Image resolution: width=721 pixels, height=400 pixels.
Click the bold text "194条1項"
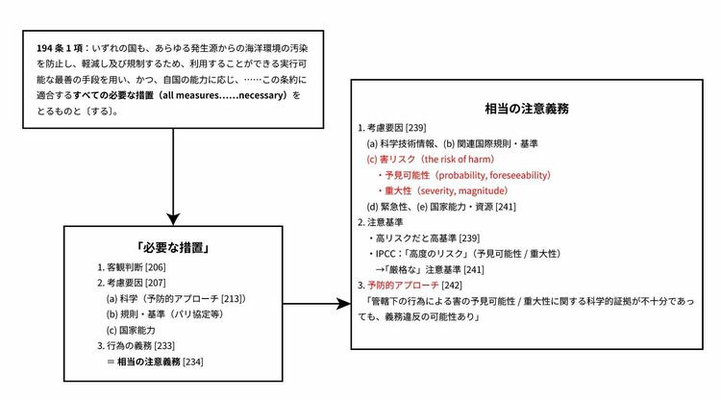click(x=60, y=48)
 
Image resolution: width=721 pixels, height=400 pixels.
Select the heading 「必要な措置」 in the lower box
click(x=173, y=248)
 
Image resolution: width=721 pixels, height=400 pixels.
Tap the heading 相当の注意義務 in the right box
click(x=527, y=109)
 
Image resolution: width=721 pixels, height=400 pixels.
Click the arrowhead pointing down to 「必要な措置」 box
click(x=173, y=219)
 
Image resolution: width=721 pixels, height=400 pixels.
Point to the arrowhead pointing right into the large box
click(x=343, y=304)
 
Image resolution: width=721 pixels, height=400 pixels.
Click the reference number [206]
click(x=155, y=267)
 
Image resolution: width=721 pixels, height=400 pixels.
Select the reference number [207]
click(x=155, y=283)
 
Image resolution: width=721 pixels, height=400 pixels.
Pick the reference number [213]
click(x=232, y=299)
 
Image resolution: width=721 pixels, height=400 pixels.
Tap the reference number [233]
click(x=164, y=346)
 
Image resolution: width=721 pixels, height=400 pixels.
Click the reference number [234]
click(x=192, y=362)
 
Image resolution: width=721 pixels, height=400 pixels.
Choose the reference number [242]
click(x=452, y=286)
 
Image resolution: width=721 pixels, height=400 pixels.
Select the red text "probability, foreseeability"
click(x=492, y=175)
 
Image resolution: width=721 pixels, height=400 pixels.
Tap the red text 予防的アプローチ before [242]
click(x=403, y=286)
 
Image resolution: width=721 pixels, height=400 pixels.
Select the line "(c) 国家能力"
click(x=131, y=330)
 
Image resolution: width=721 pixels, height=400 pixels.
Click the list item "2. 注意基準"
click(x=381, y=222)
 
